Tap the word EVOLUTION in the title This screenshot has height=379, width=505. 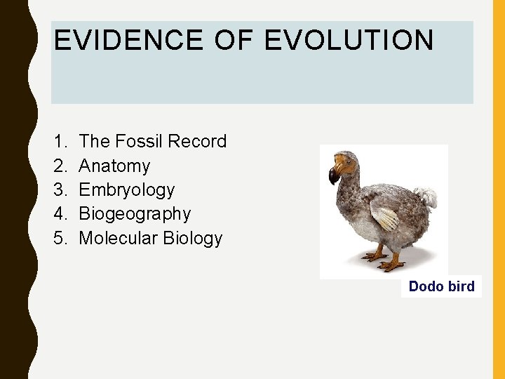[x=349, y=41]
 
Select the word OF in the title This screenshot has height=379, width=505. [x=234, y=41]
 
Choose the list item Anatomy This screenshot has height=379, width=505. [x=114, y=166]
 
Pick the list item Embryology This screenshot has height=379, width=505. [x=127, y=190]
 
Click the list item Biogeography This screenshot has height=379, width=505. [x=135, y=214]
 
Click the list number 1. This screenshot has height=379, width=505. [x=59, y=142]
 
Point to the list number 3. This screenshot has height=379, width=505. [x=59, y=190]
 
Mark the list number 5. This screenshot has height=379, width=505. [x=59, y=238]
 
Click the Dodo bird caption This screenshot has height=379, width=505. [x=441, y=286]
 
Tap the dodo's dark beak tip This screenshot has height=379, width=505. [x=334, y=176]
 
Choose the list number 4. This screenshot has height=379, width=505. [x=59, y=214]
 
